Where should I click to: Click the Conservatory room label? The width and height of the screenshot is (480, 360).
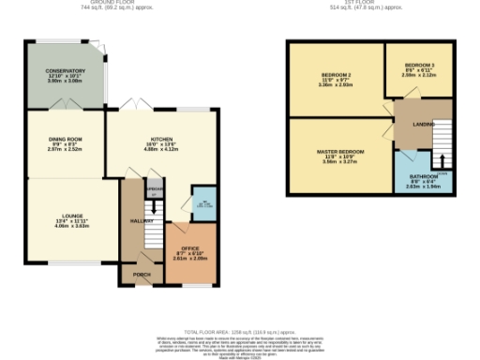pyautogui.click(x=66, y=70)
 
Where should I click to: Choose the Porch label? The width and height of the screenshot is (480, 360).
pyautogui.click(x=142, y=275)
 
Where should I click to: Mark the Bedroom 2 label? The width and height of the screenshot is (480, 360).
pyautogui.click(x=336, y=74)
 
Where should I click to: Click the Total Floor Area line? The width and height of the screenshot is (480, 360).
pyautogui.click(x=239, y=332)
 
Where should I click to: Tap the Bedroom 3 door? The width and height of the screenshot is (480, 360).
pyautogui.click(x=388, y=95)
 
